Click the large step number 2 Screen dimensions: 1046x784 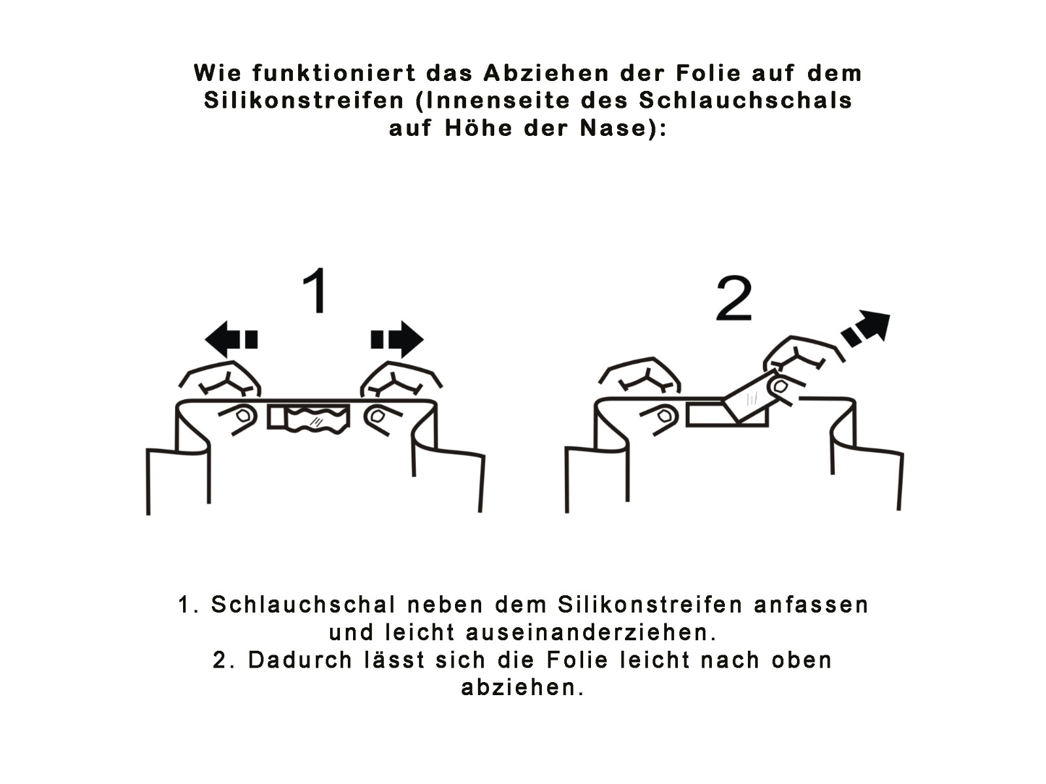[x=734, y=299]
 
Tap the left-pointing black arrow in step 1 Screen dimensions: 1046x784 [x=231, y=340]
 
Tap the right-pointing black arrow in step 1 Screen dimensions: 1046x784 [x=397, y=340]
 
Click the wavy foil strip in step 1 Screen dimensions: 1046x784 [x=316, y=419]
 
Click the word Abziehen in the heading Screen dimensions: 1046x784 [x=547, y=73]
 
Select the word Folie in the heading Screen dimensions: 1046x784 [x=708, y=73]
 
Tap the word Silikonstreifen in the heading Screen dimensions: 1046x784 [x=304, y=101]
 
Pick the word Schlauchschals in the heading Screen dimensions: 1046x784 [x=745, y=101]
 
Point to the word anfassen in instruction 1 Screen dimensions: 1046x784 [x=811, y=605]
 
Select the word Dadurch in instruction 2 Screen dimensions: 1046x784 [x=299, y=661]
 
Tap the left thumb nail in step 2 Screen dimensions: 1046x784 [x=662, y=417]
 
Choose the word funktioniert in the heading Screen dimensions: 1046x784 [x=334, y=73]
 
